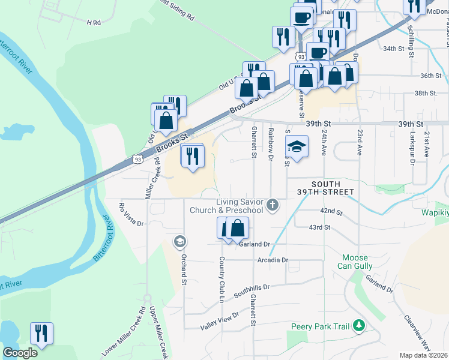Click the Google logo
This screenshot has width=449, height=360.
20,353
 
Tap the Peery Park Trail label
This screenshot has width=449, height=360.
320,326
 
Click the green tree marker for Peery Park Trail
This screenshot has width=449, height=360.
359,325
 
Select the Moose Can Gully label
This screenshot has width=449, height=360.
355,262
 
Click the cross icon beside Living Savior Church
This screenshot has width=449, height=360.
273,205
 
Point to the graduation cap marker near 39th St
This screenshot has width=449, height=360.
296,146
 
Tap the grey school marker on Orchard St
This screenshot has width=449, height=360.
179,242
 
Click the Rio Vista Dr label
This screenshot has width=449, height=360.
131,215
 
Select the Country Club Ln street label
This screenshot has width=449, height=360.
221,280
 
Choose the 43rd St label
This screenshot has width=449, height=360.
319,227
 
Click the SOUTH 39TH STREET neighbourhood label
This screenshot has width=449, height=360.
326,188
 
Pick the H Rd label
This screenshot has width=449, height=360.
93,22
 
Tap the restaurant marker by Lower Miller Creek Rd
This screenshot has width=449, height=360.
41,334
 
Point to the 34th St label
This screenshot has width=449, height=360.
394,48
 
